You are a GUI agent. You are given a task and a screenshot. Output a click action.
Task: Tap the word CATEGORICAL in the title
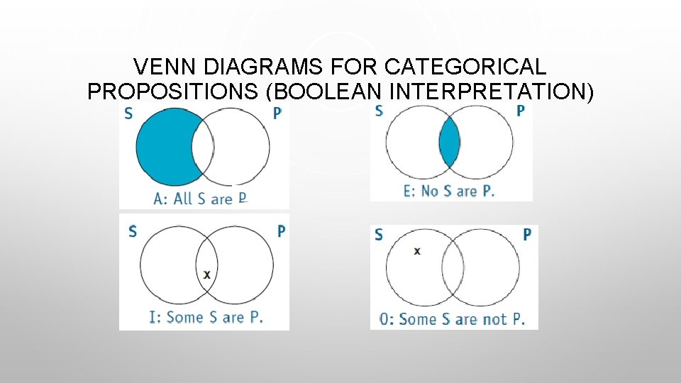465,67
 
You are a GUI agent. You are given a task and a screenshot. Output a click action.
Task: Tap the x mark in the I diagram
206,274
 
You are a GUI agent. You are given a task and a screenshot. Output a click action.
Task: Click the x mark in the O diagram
416,251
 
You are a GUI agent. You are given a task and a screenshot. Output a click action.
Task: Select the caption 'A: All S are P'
200,199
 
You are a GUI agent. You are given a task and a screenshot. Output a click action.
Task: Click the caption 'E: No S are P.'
449,191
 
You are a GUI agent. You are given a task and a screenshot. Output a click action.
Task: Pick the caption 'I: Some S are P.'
206,316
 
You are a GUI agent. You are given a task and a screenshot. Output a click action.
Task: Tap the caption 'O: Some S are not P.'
453,319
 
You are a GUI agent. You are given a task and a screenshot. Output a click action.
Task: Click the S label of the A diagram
128,114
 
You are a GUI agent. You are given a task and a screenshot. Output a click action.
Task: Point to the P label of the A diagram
277,114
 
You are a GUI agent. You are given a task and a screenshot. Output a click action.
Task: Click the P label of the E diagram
521,111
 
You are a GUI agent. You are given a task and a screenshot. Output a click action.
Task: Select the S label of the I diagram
133,232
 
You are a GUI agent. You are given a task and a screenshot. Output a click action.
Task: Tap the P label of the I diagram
281,231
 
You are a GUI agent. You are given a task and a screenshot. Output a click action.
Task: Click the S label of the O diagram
378,234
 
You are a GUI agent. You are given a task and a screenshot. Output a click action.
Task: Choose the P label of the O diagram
527,234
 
